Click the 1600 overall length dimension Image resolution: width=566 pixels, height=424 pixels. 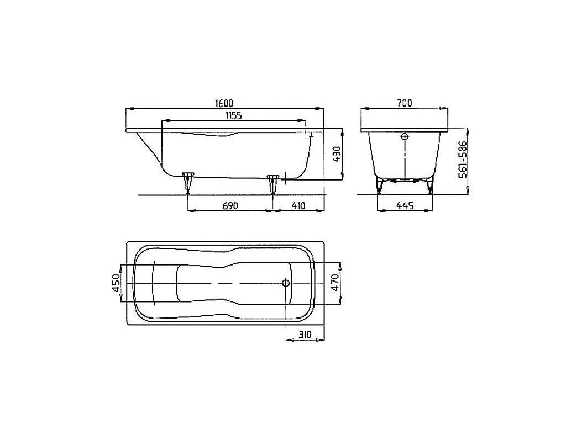tap(224, 103)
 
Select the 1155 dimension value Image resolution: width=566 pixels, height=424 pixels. tap(233, 115)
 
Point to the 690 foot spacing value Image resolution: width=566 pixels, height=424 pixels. tap(230, 205)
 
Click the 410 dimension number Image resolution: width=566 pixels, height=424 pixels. tap(298, 205)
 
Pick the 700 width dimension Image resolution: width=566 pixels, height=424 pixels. tap(404, 103)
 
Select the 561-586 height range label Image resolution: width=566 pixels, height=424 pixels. tap(463, 159)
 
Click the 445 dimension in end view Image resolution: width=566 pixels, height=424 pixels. tap(405, 205)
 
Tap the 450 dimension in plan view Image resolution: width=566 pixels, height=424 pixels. tap(115, 283)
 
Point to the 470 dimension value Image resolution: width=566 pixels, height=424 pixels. tap(335, 283)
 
